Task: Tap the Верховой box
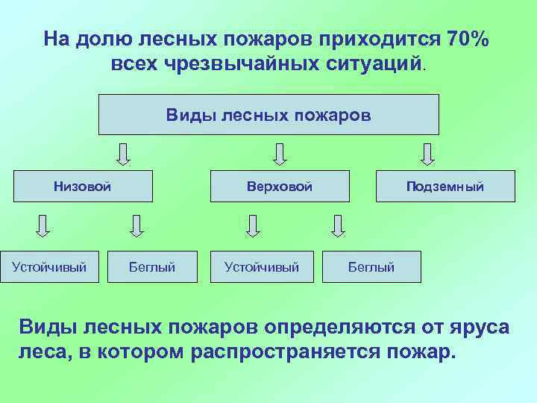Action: coord(280,187)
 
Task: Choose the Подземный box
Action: coord(445,187)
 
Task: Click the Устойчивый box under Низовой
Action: coord(49,266)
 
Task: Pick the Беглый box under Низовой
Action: coord(152,266)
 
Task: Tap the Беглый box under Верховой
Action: coord(371,266)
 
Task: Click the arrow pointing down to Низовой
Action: coord(124,154)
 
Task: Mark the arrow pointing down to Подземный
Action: coord(427,154)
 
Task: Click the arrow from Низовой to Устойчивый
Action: coord(43,225)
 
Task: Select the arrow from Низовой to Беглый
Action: coord(136,225)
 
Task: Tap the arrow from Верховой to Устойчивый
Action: coord(254,225)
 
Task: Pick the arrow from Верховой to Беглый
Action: coord(339,225)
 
